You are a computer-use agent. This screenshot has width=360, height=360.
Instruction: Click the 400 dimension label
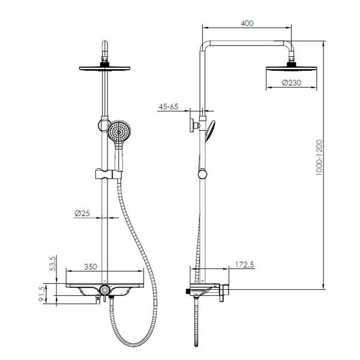click(x=247, y=23)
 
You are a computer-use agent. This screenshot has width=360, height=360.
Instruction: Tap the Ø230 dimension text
click(x=292, y=83)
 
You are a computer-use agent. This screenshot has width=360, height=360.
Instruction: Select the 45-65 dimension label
click(x=168, y=107)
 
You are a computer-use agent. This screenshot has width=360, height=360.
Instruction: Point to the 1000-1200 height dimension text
click(x=319, y=157)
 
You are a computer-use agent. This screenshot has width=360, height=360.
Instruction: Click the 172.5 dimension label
click(x=245, y=265)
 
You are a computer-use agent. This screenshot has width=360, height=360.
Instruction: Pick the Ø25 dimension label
click(x=82, y=213)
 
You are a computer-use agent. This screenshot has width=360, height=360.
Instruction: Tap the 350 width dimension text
click(x=91, y=266)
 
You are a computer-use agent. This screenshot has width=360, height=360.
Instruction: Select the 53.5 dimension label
click(x=53, y=264)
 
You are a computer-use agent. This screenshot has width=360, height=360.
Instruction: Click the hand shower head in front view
click(x=119, y=131)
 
